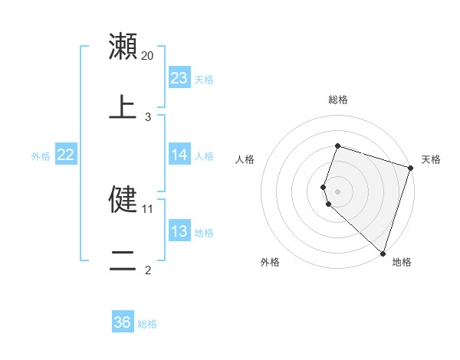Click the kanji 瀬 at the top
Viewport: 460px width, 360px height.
[123, 47]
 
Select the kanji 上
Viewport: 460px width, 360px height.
[123, 108]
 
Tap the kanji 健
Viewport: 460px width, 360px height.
[123, 200]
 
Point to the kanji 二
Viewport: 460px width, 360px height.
[123, 261]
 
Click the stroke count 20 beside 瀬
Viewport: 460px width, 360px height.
[148, 56]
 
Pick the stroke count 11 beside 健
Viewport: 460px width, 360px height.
[148, 208]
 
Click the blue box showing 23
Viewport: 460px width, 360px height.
[179, 77]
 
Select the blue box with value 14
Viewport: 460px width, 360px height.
[179, 155]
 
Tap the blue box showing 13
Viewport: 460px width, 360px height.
[179, 231]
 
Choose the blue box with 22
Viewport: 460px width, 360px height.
[66, 155]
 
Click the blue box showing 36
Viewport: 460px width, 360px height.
[123, 322]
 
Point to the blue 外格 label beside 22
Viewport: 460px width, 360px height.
[41, 156]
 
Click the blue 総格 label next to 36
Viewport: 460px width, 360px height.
[147, 324]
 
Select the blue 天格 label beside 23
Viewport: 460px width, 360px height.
[204, 79]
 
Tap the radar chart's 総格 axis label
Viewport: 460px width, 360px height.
[338, 100]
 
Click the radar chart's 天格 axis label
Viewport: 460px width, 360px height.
[431, 159]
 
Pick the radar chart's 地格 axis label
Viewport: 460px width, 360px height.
[402, 262]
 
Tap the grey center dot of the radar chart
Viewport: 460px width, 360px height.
[338, 191]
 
